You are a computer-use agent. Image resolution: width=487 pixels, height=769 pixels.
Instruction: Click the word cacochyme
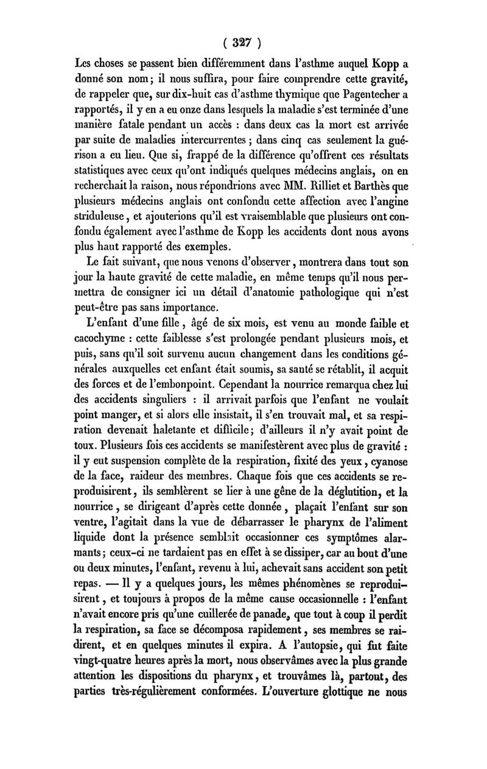100,353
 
